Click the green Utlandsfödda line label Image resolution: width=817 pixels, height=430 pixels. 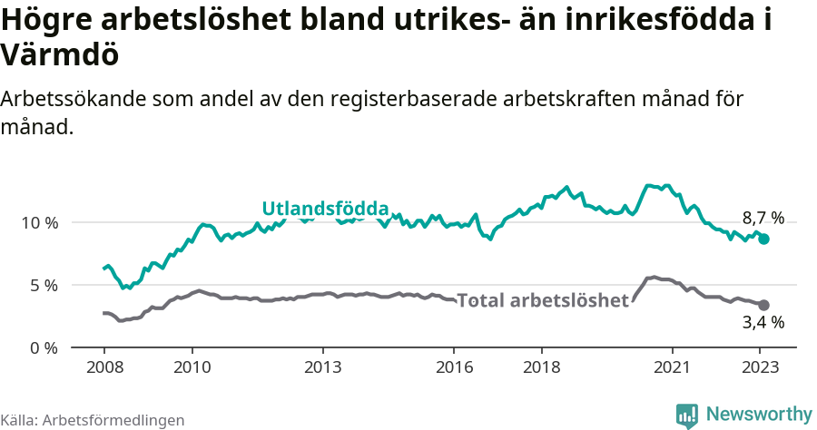point(325,209)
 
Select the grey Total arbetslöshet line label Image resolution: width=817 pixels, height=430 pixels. point(543,300)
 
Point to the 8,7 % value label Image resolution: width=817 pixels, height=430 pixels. point(763,218)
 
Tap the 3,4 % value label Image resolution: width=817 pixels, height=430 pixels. point(763,322)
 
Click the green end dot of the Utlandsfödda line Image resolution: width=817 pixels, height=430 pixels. point(764,239)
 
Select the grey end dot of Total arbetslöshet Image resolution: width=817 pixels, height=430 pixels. point(763,305)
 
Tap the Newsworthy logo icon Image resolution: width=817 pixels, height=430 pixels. point(687,415)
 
